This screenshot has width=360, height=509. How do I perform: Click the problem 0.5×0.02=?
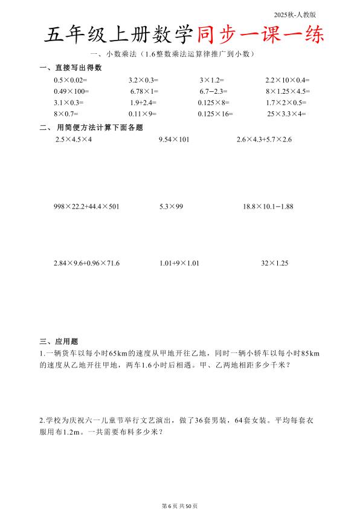coord(71,80)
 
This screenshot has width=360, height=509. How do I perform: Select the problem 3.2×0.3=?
coord(143,80)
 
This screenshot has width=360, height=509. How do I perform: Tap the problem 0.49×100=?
coord(71,91)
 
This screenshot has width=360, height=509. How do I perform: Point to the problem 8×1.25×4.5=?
coord(288,91)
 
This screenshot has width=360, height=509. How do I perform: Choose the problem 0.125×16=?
coord(215,114)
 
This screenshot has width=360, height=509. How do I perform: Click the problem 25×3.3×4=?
coord(287,114)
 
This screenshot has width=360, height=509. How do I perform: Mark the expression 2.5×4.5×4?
coord(73,140)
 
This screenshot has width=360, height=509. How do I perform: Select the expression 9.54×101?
coord(174,140)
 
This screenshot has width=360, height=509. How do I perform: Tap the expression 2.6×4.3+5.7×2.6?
coord(265,140)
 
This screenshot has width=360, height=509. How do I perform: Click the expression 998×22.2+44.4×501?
coord(86,207)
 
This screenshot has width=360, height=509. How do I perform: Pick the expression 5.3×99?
coord(172,207)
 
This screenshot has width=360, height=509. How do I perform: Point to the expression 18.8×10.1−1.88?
coord(268,207)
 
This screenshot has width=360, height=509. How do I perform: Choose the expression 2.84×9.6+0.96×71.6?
coord(86,264)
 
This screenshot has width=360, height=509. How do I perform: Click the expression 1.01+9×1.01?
coord(179,264)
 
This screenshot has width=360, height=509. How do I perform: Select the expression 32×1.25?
coord(275,264)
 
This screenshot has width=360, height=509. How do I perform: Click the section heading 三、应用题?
coord(59,342)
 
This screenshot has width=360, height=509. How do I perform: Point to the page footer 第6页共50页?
coord(180,488)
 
